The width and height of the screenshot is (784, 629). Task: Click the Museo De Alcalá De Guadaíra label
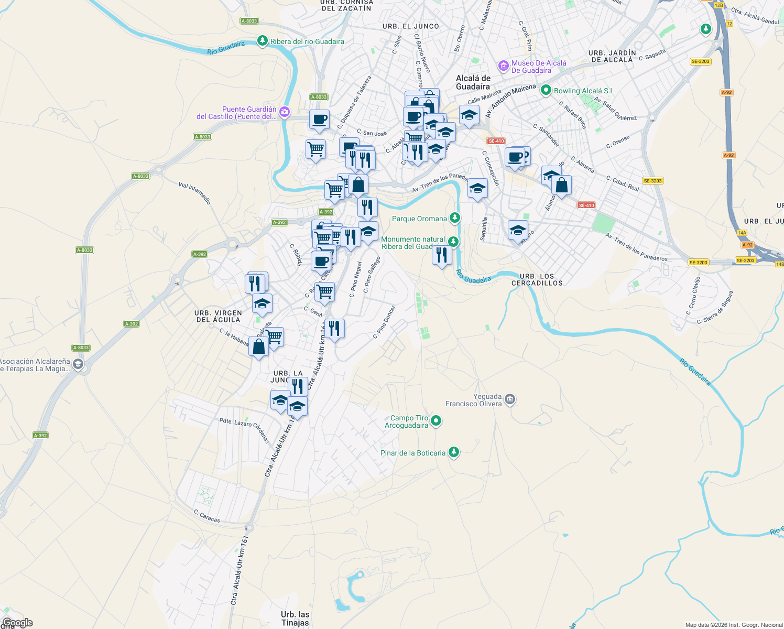point(539,67)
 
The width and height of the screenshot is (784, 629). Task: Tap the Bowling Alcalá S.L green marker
point(546,90)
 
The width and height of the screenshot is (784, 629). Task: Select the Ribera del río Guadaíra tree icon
point(263,41)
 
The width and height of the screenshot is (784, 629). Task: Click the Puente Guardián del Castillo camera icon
point(284,111)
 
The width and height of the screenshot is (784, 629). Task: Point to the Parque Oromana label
point(419,219)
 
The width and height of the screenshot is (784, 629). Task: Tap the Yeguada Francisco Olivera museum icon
point(510,400)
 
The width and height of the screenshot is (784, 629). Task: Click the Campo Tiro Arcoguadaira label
point(407,421)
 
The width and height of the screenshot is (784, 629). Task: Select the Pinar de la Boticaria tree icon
point(454,452)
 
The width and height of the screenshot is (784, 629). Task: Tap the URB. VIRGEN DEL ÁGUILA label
point(218,316)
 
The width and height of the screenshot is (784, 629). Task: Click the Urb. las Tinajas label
point(295,619)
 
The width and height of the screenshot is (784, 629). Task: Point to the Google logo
point(17,623)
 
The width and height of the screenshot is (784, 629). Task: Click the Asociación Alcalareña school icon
point(78,364)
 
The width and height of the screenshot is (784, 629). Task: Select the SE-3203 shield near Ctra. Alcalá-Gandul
point(700,61)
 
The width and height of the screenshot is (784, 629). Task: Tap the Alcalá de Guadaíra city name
point(473,82)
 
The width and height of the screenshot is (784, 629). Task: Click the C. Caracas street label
point(207,516)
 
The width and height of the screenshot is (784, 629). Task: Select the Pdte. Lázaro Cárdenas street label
point(245,429)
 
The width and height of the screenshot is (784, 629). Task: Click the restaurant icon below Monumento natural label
point(442,255)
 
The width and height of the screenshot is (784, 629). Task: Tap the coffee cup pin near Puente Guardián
point(319,120)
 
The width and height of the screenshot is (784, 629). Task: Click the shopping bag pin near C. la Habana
point(258,346)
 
